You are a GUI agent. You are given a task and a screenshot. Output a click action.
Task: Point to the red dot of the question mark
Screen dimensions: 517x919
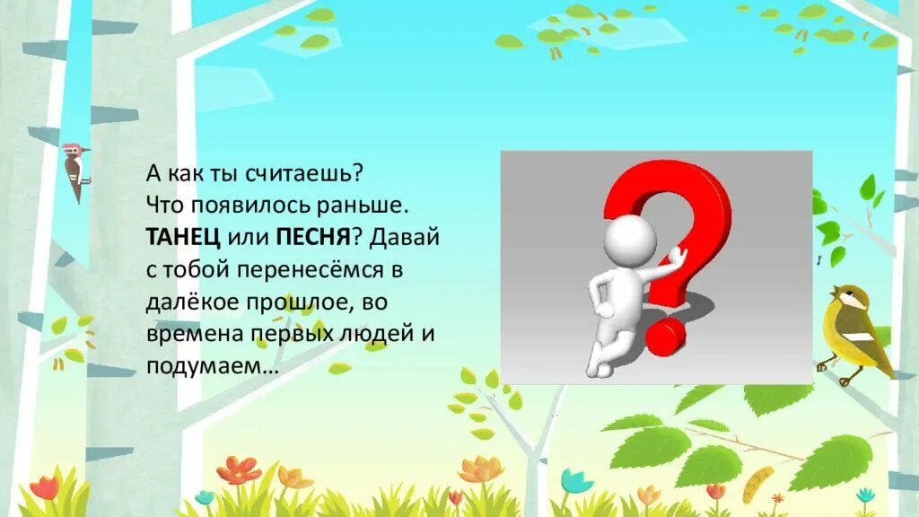pyautogui.click(x=664, y=334)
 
